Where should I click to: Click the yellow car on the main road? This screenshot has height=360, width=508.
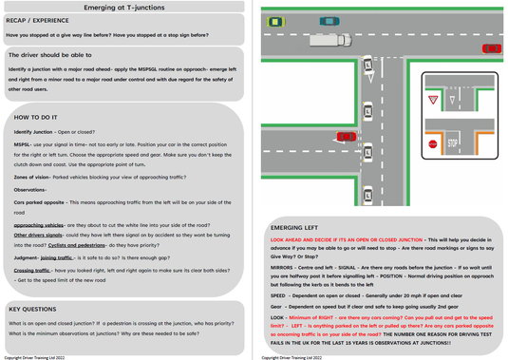[x=275, y=22]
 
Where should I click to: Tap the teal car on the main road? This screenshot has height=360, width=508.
[x=329, y=21]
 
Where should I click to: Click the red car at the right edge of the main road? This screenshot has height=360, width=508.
[x=492, y=48]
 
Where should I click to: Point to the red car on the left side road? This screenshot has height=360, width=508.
[x=347, y=137]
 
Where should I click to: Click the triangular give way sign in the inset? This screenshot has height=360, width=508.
[x=432, y=99]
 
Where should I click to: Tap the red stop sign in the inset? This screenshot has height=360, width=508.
[x=432, y=144]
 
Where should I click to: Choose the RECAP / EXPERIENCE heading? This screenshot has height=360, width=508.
[x=37, y=20]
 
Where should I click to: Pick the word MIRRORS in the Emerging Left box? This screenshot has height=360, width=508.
[x=285, y=267]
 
